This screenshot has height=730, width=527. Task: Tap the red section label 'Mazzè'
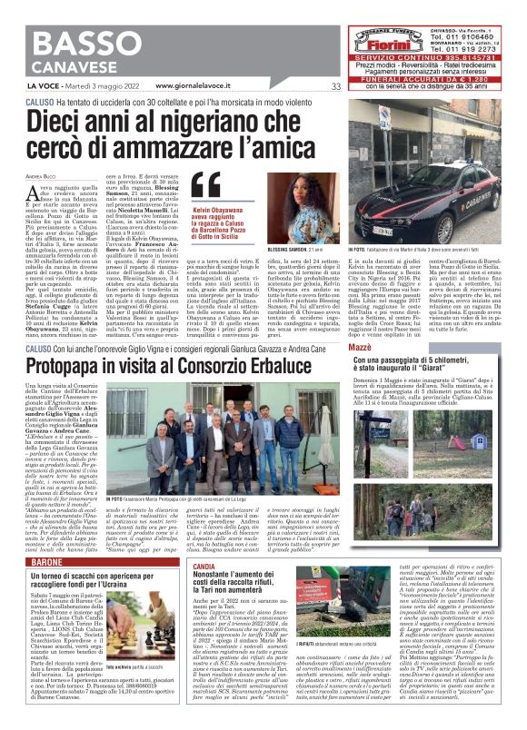coord(362,348)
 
